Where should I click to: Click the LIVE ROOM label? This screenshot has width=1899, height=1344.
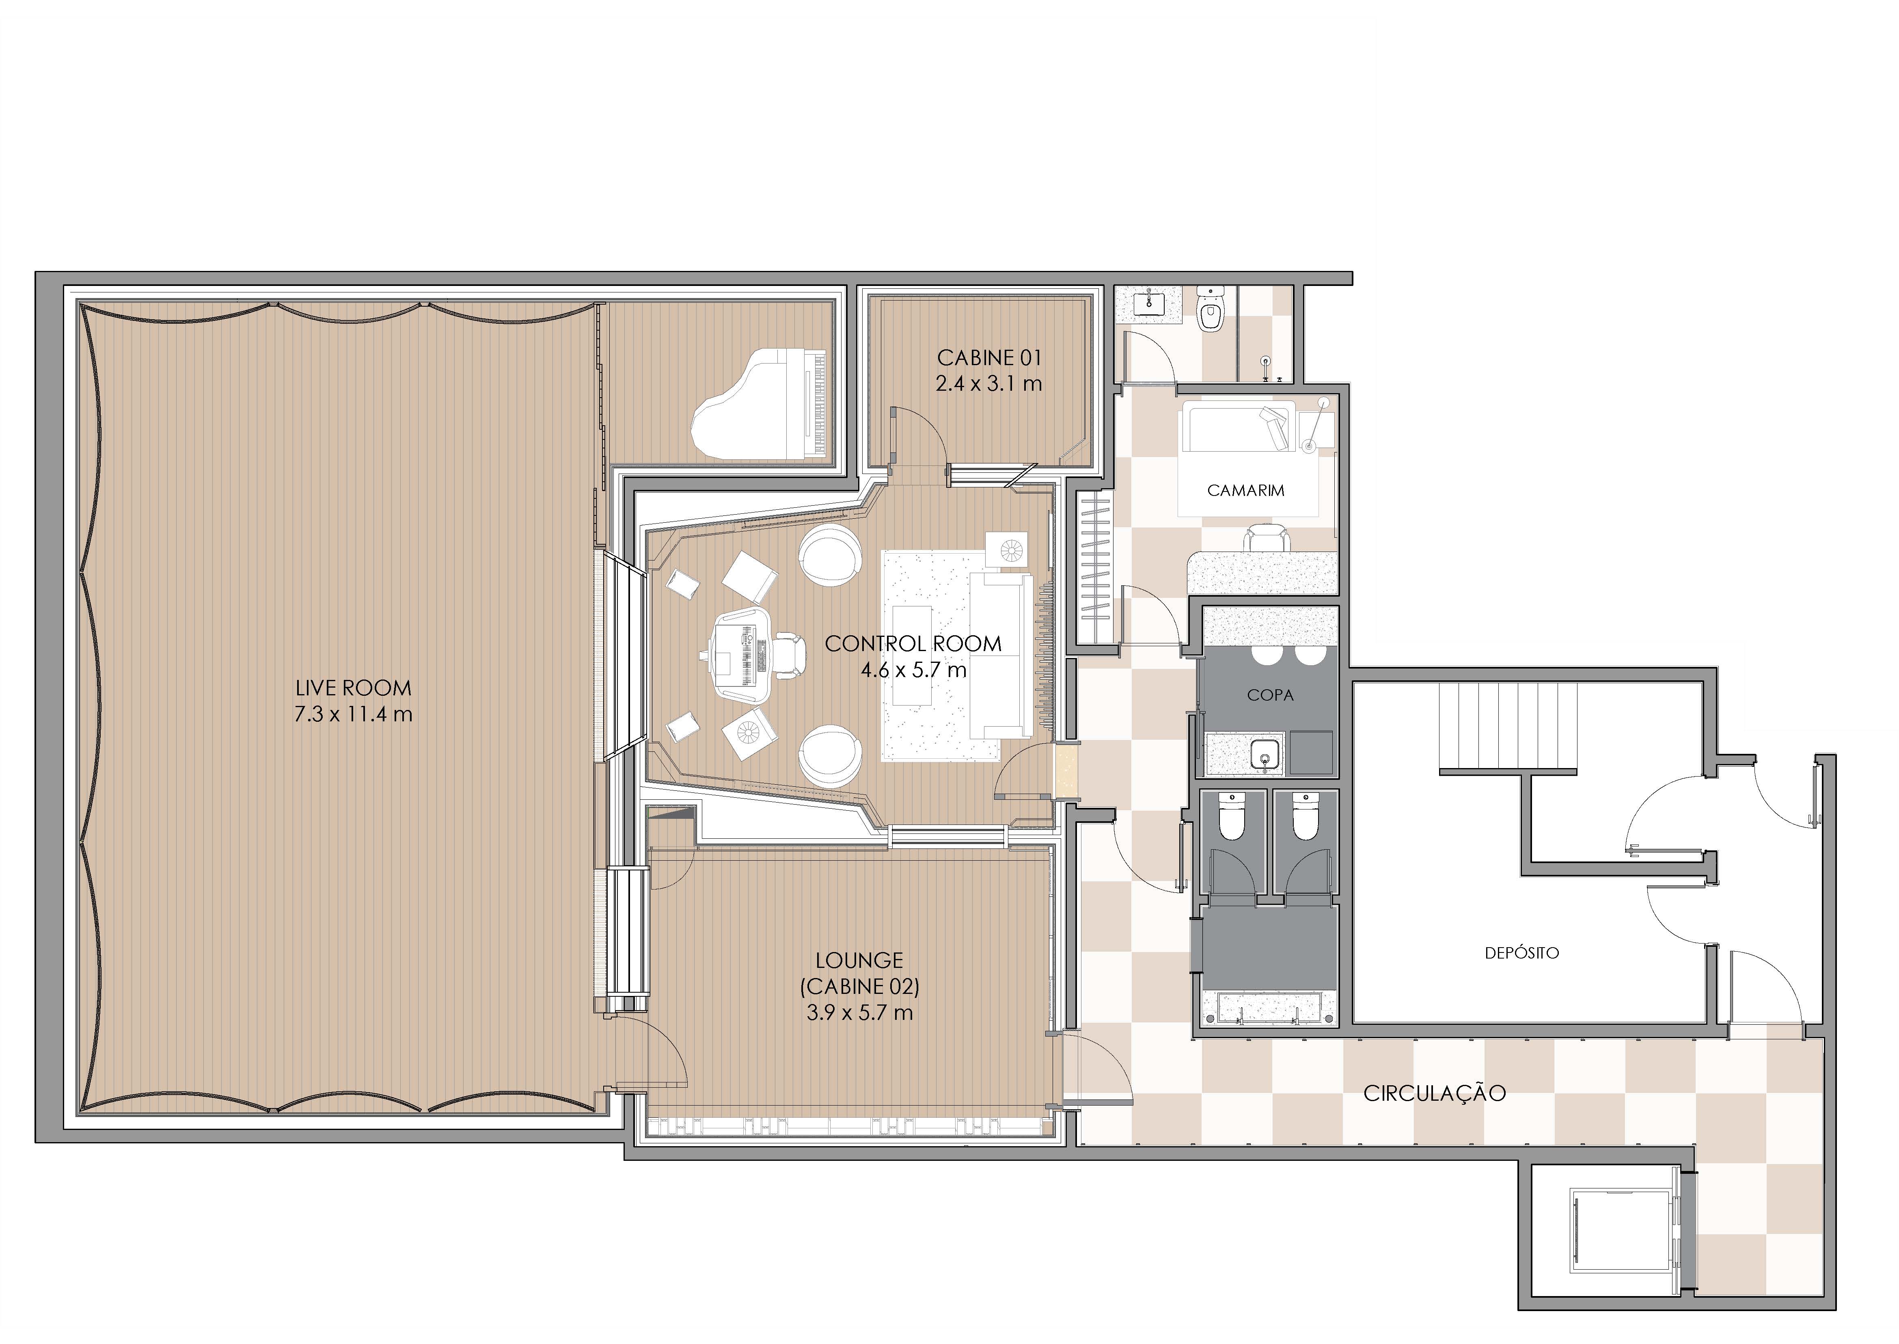coord(353,688)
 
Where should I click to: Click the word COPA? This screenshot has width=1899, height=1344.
coord(1271,695)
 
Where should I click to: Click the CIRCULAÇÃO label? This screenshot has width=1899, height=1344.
coord(1434,1093)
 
